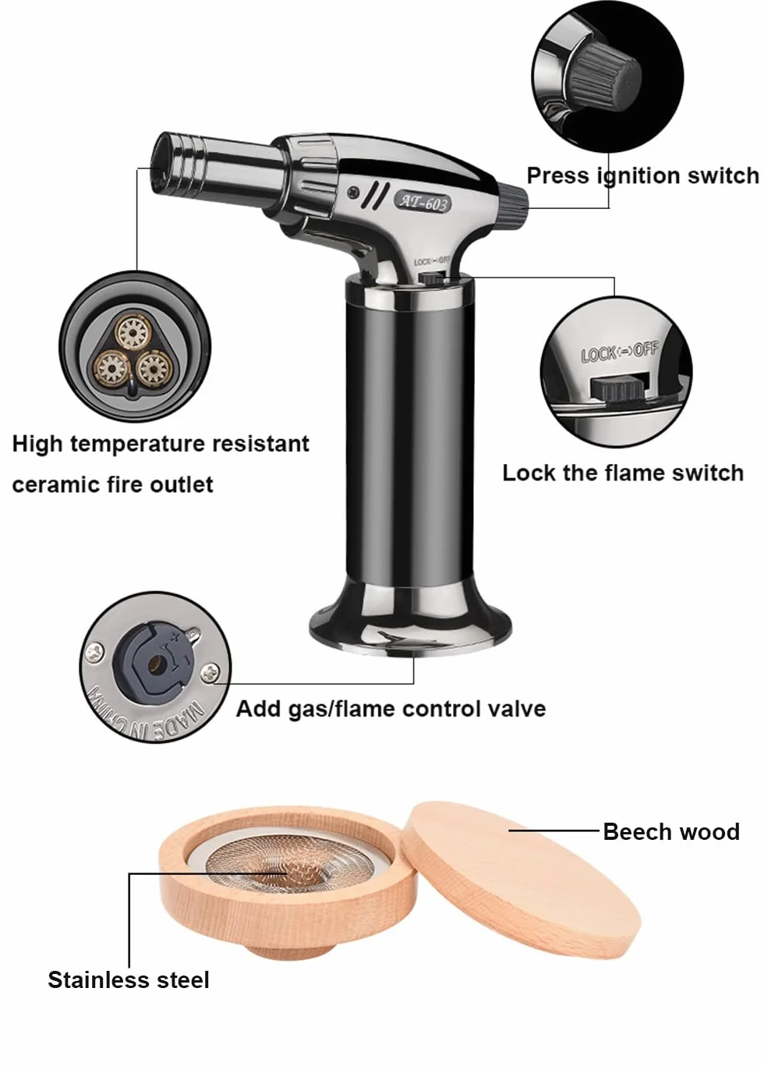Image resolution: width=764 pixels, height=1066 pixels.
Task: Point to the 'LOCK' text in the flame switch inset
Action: click(x=597, y=355)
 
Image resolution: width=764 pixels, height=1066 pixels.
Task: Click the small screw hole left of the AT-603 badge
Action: click(x=352, y=191)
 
